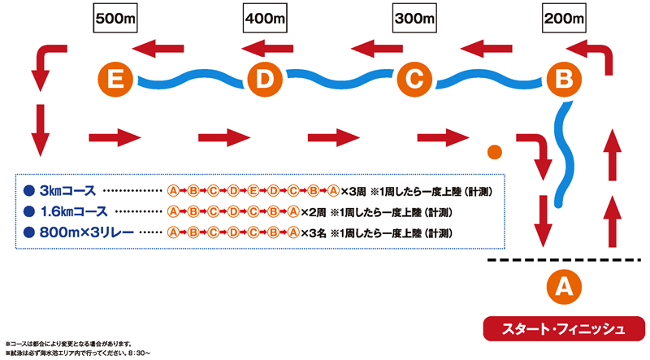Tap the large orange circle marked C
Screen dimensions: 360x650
click(x=413, y=79)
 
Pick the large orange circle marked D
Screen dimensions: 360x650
click(x=263, y=79)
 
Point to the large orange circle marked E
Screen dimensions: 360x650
click(x=115, y=79)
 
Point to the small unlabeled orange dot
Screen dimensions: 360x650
click(x=492, y=151)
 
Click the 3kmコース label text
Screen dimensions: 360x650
click(x=67, y=191)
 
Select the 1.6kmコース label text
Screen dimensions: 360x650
click(x=74, y=212)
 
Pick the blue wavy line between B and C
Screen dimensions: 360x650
click(x=487, y=80)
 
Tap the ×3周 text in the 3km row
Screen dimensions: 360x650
click(x=353, y=192)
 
